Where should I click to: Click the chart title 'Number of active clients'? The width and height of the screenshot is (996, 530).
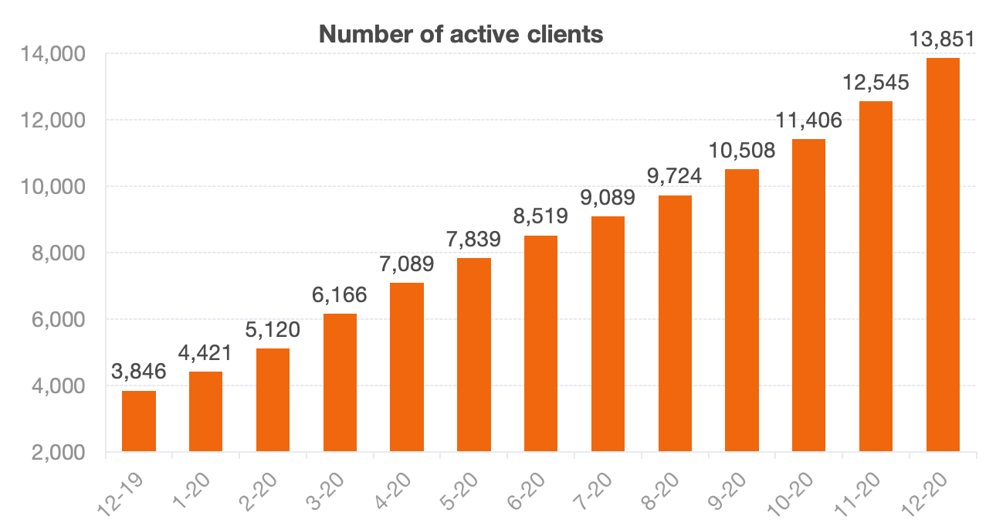tap(460, 35)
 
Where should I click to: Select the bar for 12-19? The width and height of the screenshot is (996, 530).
tap(139, 421)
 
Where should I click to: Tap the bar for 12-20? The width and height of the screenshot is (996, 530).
tap(943, 255)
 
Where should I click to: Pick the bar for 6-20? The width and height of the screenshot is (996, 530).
tap(540, 344)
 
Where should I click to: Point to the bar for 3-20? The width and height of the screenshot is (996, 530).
tap(340, 382)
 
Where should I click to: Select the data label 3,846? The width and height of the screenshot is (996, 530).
tap(139, 372)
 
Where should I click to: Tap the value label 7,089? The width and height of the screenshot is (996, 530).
tap(407, 264)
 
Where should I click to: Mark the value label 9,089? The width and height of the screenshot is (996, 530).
tap(608, 198)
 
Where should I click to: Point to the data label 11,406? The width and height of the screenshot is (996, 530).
tap(808, 121)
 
